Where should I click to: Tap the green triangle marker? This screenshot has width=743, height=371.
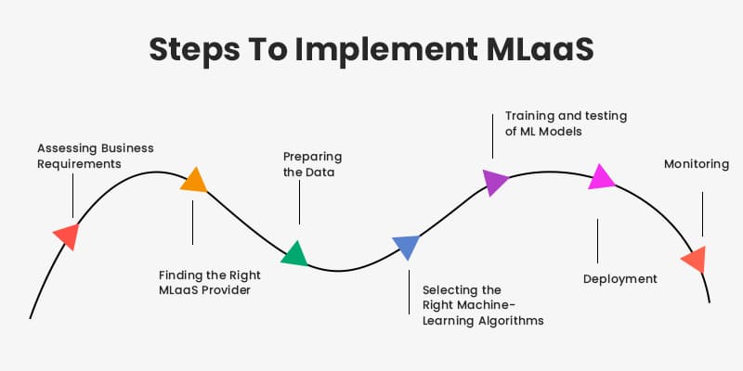click(x=294, y=253)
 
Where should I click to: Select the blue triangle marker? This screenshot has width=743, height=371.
click(x=406, y=247)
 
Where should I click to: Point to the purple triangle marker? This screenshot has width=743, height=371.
click(x=495, y=181)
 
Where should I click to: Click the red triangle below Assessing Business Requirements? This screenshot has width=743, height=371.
click(x=67, y=235)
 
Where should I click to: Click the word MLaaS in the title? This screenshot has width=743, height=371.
click(x=534, y=51)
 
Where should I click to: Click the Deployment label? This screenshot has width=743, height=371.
click(x=619, y=278)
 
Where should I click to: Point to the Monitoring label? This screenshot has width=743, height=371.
click(x=697, y=164)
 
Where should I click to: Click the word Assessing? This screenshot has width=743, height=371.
click(x=68, y=147)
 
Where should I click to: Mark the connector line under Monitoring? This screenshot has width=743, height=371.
click(x=702, y=213)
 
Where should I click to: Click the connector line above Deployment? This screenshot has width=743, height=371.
click(x=597, y=240)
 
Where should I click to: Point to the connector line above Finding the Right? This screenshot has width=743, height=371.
click(x=192, y=223)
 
